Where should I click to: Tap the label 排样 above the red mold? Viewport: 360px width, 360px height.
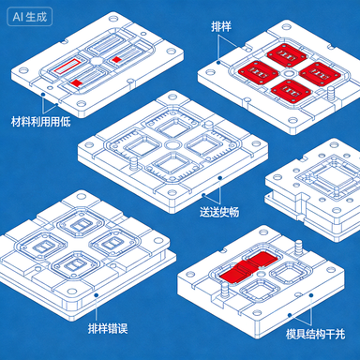[x=223, y=29]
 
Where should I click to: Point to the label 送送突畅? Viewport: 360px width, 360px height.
[x=219, y=212]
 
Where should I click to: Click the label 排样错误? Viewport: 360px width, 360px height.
[x=108, y=326]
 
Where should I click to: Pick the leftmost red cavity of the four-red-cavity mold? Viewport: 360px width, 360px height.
[x=251, y=70]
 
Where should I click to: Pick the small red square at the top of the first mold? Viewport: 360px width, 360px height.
[x=116, y=58]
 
